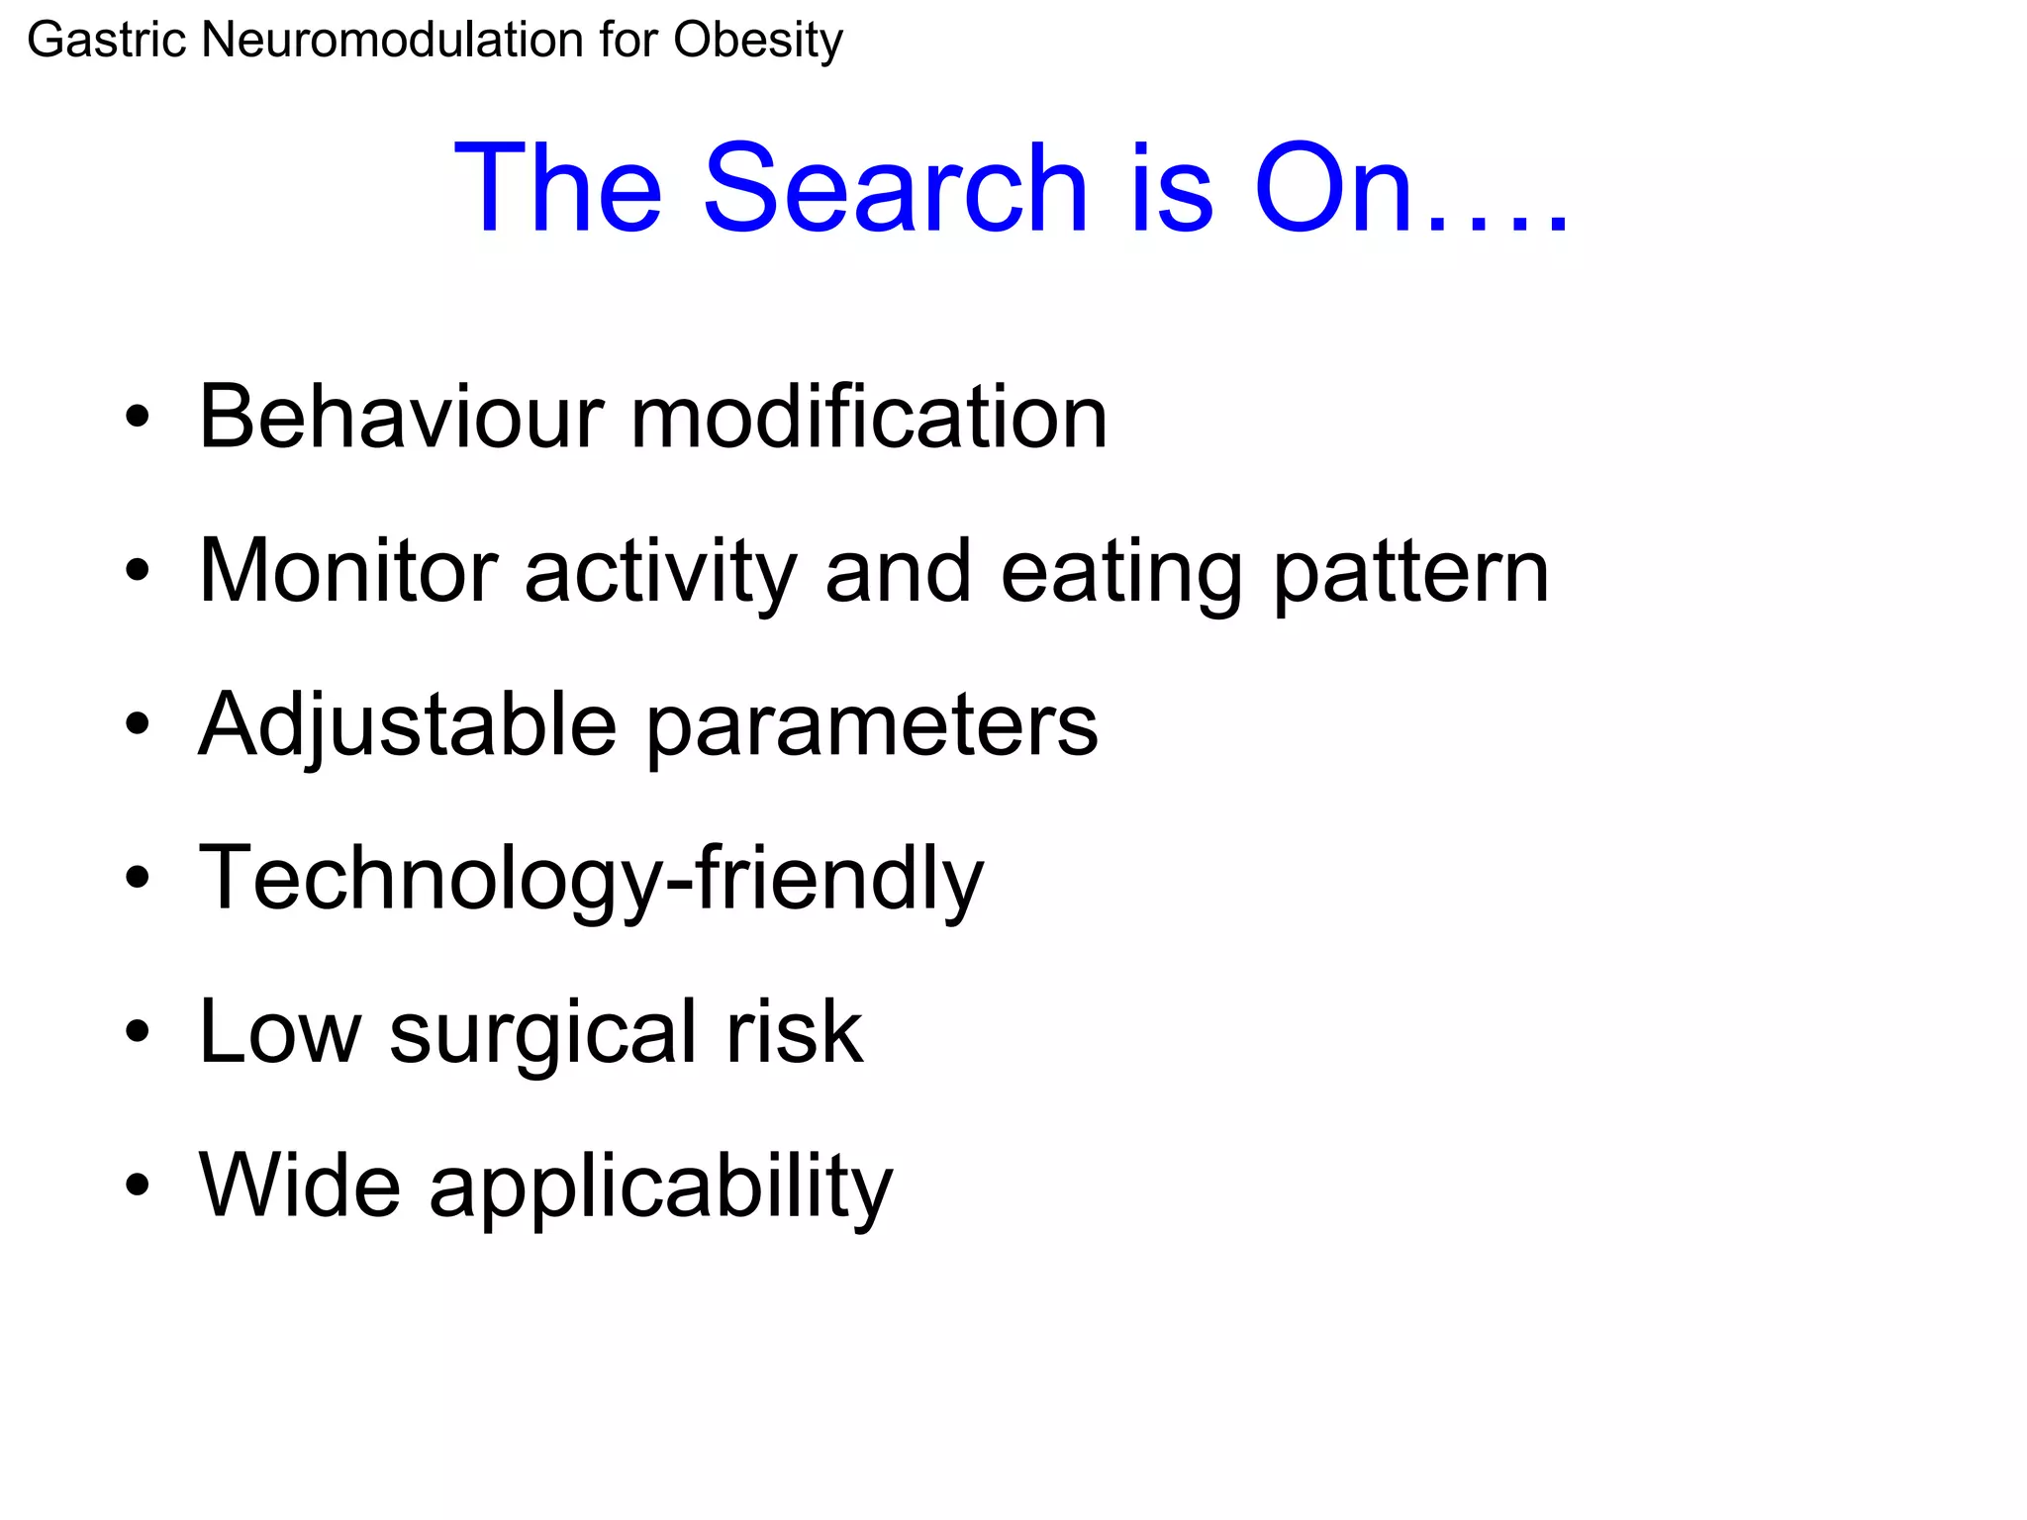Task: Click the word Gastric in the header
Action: pos(107,42)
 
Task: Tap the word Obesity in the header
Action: pos(758,42)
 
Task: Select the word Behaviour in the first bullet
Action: pos(401,418)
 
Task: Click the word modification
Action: pos(868,418)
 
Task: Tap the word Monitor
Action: pos(347,571)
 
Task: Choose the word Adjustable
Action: pos(407,725)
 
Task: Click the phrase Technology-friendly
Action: pos(591,879)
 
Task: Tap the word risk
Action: pos(795,1031)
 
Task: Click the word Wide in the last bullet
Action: pos(300,1185)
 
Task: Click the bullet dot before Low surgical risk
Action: pos(138,1031)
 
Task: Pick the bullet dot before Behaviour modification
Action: pos(138,418)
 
